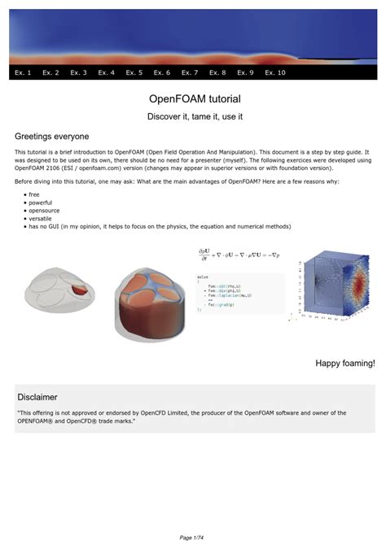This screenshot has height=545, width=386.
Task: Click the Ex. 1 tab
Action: [24, 73]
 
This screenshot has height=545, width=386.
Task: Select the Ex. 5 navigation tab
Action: [134, 73]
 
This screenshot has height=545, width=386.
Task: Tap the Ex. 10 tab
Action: [275, 73]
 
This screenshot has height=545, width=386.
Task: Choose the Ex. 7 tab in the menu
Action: [190, 73]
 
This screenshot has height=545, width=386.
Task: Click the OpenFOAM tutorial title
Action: [195, 99]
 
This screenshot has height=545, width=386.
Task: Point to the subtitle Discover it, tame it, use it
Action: [195, 117]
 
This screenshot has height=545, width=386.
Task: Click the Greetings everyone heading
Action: [52, 137]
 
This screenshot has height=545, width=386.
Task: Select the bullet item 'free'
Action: [34, 195]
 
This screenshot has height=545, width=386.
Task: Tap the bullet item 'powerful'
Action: [41, 203]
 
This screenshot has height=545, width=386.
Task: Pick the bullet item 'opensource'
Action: [45, 211]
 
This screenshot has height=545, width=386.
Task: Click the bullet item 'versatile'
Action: [42, 219]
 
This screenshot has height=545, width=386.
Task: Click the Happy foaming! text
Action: [345, 364]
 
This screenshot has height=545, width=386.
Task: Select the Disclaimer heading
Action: [37, 397]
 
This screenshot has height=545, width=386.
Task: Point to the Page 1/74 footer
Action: [193, 537]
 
